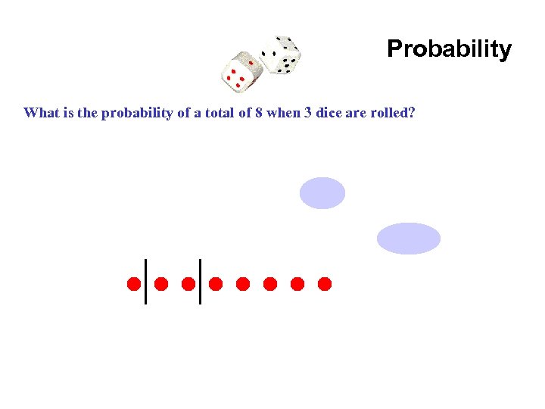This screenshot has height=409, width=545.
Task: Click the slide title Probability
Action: tap(449, 49)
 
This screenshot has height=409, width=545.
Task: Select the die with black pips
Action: tap(279, 55)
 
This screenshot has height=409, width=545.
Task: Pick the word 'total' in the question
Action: tap(224, 114)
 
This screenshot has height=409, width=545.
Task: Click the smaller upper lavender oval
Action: tap(322, 192)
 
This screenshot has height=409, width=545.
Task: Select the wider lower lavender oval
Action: tap(409, 238)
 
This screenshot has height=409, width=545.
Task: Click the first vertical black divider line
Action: tap(145, 281)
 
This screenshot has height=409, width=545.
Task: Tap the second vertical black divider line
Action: tap(200, 281)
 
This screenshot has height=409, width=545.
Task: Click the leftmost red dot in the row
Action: tap(133, 284)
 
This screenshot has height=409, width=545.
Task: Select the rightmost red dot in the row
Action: tap(325, 284)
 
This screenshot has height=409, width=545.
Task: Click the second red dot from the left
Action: tap(161, 284)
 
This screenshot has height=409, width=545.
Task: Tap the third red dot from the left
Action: tap(188, 284)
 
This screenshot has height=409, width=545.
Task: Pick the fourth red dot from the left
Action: tap(216, 284)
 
